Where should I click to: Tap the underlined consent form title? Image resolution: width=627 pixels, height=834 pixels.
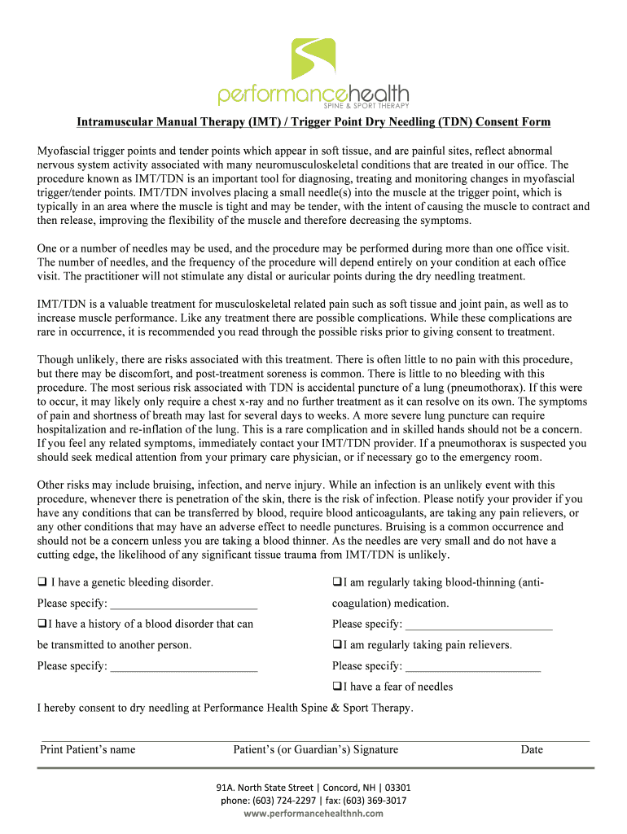click(x=313, y=122)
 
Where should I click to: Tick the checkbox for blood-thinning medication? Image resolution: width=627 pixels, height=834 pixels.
click(x=337, y=582)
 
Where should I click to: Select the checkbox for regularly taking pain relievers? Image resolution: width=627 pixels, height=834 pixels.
click(x=337, y=644)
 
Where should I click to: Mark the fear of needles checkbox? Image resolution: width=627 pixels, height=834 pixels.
click(x=337, y=687)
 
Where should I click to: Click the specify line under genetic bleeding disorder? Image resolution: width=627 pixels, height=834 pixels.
click(x=183, y=604)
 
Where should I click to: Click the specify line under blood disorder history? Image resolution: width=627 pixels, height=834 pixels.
click(x=183, y=666)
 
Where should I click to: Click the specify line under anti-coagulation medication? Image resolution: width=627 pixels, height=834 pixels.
click(x=478, y=625)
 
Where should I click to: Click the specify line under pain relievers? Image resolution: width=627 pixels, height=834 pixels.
click(x=472, y=666)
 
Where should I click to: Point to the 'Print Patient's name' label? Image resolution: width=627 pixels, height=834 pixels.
click(x=88, y=749)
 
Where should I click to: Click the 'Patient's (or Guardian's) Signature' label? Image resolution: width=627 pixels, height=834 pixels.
click(x=315, y=749)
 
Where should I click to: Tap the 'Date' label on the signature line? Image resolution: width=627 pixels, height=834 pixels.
click(x=532, y=749)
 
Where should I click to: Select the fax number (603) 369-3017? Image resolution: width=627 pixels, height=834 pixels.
click(x=373, y=801)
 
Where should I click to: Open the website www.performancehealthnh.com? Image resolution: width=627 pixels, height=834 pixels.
click(x=313, y=814)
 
